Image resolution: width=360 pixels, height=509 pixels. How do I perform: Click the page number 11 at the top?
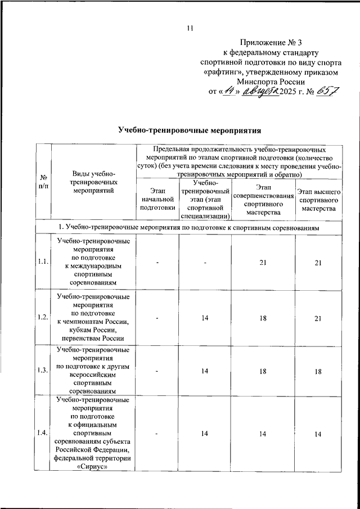pyautogui.click(x=190, y=29)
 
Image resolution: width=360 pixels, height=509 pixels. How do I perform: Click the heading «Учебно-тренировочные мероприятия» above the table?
pyautogui.click(x=190, y=130)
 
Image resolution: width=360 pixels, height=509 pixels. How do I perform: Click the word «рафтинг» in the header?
pyautogui.click(x=221, y=71)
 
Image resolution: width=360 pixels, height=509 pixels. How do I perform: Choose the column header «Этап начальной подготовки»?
pyautogui.click(x=154, y=200)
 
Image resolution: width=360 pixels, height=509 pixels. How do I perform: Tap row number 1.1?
pyautogui.click(x=43, y=262)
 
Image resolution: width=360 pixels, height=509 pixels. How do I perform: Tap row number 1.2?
pyautogui.click(x=43, y=317)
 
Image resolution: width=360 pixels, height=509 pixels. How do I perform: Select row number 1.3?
pyautogui.click(x=43, y=371)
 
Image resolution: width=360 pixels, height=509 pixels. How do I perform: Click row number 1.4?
pyautogui.click(x=43, y=432)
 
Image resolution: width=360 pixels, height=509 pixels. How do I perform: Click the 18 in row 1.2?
pyautogui.click(x=263, y=317)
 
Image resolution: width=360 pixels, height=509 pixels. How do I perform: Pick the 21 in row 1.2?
pyautogui.click(x=318, y=317)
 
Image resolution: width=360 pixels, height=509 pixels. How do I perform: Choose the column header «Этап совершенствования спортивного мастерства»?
pyautogui.click(x=263, y=200)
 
